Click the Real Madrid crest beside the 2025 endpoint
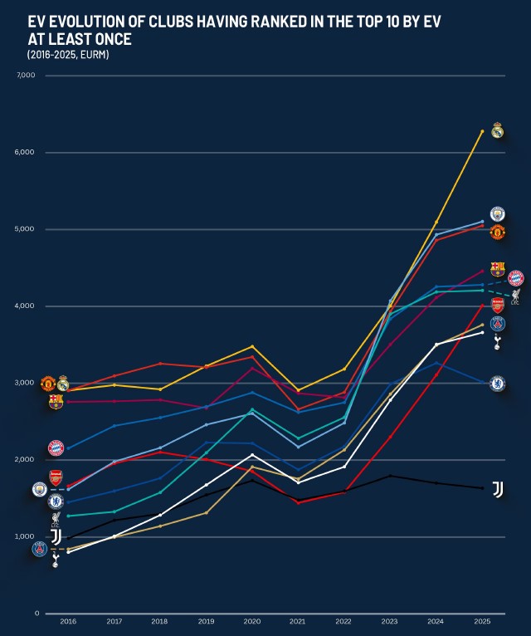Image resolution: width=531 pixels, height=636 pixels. click(x=497, y=130)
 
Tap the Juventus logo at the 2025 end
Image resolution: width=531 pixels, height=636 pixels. click(x=498, y=489)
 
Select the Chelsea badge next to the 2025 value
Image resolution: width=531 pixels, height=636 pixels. click(x=497, y=384)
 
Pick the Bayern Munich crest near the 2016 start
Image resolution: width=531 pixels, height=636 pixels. click(x=56, y=448)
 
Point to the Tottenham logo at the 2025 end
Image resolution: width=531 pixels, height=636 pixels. click(x=497, y=341)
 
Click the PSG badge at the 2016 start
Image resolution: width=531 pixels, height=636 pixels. click(x=40, y=549)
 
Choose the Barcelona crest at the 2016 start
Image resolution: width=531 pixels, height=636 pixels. click(x=56, y=402)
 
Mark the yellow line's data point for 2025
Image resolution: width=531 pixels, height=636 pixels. click(x=482, y=131)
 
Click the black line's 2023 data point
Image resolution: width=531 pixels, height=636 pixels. click(x=390, y=476)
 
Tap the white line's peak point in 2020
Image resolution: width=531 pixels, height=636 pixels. click(x=253, y=454)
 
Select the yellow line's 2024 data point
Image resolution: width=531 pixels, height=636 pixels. click(x=436, y=222)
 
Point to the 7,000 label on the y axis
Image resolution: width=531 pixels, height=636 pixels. click(x=26, y=76)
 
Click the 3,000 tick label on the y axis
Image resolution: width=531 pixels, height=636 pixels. click(x=26, y=383)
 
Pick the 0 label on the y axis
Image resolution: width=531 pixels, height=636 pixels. click(x=37, y=614)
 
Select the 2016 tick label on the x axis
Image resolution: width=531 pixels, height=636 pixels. click(x=68, y=622)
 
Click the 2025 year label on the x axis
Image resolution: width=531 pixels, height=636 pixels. click(x=482, y=622)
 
